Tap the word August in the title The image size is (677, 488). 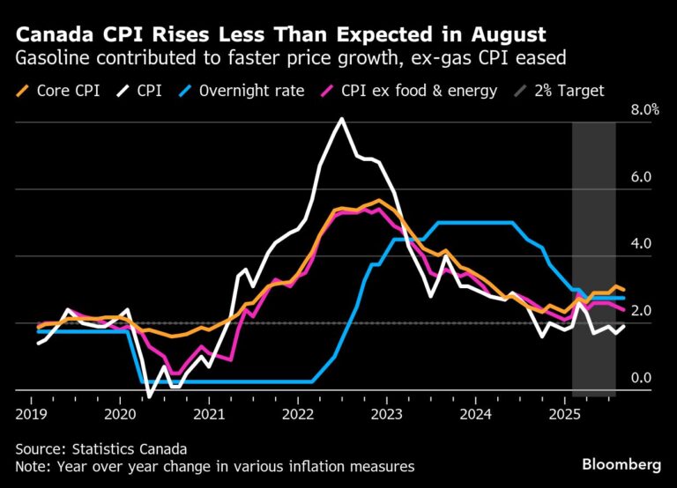[506, 35]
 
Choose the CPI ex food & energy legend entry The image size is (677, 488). [427, 90]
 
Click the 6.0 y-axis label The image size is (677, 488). [640, 177]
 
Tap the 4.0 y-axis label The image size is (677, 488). [640, 244]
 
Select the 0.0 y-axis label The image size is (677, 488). [640, 378]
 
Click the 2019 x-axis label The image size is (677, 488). [30, 412]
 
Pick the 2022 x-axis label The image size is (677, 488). [298, 412]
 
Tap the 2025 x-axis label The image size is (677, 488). [565, 412]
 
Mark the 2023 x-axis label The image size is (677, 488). [387, 412]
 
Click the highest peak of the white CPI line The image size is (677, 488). [341, 119]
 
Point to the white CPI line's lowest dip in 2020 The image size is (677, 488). [149, 397]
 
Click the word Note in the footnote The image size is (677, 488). [33, 466]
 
